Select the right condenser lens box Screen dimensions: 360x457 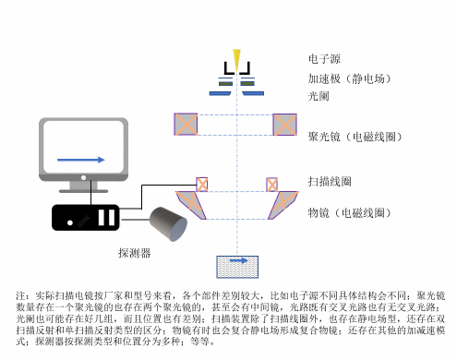coord(283,123)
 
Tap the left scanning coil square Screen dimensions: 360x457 coord(202,183)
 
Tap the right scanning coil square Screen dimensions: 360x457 coord(273,183)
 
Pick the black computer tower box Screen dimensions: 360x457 coord(85,218)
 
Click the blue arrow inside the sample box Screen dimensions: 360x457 coord(237,262)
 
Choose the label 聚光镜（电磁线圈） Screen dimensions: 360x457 coord(353,137)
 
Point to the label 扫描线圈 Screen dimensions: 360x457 coord(329,181)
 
